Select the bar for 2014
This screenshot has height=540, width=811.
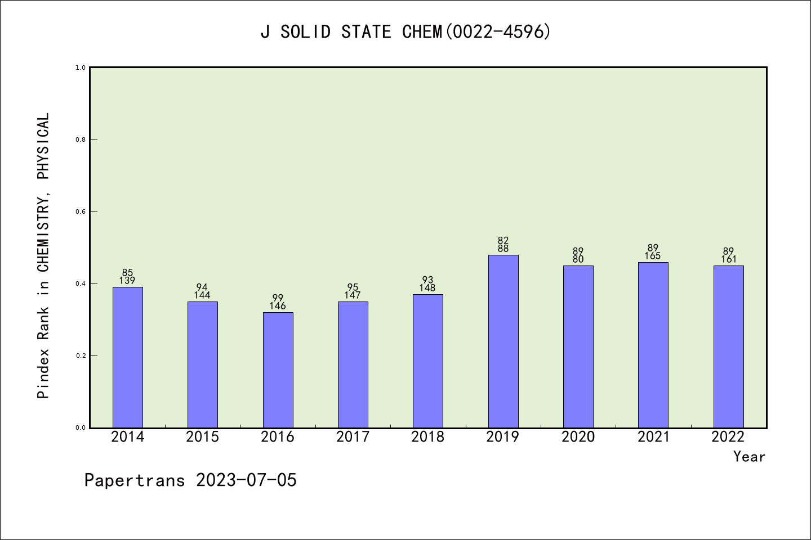128,357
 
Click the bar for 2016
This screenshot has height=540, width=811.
278,370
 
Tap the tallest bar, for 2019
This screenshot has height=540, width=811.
503,341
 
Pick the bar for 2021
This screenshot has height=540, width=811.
653,345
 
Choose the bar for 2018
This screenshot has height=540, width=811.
428,361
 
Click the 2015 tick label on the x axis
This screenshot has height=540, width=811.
203,437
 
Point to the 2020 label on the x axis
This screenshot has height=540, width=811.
578,437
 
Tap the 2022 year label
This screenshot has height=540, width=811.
728,437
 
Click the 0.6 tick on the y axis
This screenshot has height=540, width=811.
81,211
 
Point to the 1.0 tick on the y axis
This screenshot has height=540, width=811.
81,67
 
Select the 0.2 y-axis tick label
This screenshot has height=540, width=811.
81,355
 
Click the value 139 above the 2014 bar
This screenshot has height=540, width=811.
128,281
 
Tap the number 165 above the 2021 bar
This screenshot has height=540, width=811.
653,256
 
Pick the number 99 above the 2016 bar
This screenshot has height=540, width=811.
278,298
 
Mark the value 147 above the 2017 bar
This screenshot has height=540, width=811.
353,295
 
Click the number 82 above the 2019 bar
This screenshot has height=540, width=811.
503,241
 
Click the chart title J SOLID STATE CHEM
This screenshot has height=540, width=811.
405,32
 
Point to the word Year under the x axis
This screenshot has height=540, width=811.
749,457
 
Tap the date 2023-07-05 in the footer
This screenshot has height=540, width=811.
246,480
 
